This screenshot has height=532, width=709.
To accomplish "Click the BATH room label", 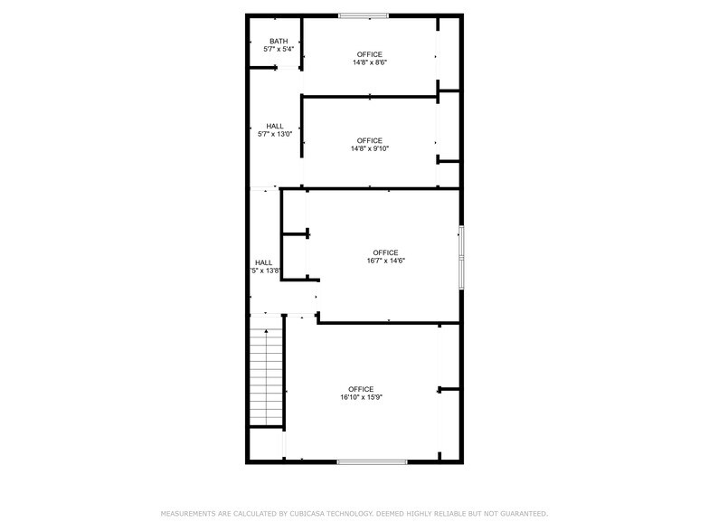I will point(279,41).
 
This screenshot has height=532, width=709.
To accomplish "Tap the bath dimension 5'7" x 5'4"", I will point(279,49).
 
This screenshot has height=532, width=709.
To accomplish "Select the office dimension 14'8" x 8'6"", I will point(369,62).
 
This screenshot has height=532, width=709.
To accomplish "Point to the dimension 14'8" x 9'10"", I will point(369,148).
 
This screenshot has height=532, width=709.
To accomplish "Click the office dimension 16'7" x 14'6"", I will point(385,261).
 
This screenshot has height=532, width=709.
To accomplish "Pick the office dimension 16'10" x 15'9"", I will point(361,397).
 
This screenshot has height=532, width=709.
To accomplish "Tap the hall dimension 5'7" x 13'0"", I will point(275,134).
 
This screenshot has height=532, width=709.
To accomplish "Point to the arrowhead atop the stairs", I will point(266,332).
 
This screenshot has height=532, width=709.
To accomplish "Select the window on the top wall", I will point(364,15).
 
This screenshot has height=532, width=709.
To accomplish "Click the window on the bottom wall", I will point(372,461).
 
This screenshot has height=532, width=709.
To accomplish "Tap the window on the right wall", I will point(461,257).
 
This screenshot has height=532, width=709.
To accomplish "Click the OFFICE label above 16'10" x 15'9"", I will point(361,389).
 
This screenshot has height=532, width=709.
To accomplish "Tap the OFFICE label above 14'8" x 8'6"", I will point(369,54).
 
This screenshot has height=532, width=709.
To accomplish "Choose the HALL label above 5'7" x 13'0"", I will point(275,126).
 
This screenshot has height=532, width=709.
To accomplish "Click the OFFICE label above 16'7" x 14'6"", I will point(385,252).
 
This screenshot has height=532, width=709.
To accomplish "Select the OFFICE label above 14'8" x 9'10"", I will point(369,140).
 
